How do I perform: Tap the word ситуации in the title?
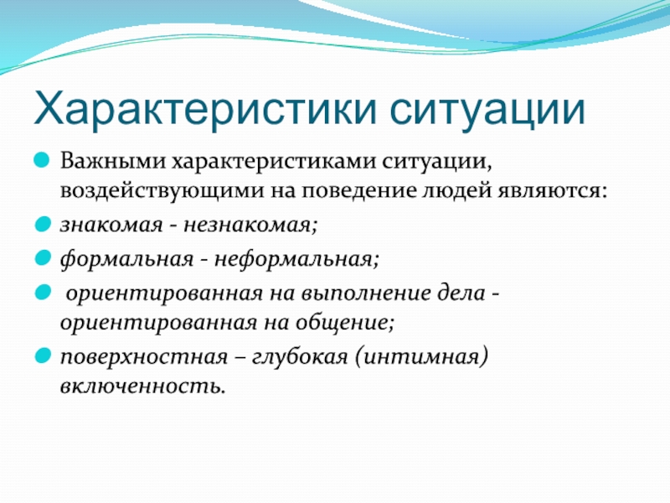point(487,111)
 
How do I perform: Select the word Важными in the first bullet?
point(113,161)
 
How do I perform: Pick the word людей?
point(457,191)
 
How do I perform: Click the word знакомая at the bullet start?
point(111,225)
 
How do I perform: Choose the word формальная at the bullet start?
point(127,258)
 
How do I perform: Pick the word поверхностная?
point(144,357)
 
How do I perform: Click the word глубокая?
point(300,356)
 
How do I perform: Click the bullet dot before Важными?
point(42,161)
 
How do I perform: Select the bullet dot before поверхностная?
point(43,355)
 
